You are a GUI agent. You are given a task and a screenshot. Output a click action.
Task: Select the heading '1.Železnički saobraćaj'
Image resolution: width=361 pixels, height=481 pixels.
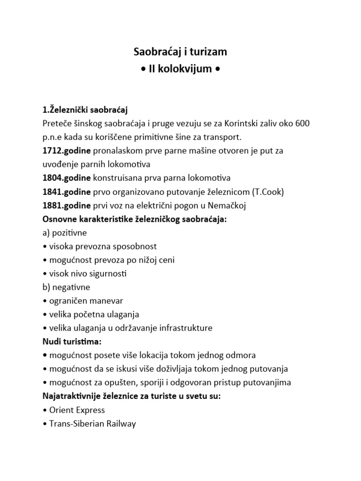[85, 110]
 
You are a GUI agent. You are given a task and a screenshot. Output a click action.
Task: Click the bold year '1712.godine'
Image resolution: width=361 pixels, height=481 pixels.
[67, 151]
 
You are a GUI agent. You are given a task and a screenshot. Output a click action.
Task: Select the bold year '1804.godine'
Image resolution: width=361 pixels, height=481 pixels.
[67, 178]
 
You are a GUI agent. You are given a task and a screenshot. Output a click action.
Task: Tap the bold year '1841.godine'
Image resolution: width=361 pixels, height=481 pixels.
[67, 192]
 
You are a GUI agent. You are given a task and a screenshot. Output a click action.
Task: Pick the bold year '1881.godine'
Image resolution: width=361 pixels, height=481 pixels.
[67, 205]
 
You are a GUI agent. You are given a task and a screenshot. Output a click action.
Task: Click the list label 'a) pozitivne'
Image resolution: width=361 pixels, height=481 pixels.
[64, 233]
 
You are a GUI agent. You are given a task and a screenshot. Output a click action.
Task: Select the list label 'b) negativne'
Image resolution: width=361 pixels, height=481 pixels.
[66, 287]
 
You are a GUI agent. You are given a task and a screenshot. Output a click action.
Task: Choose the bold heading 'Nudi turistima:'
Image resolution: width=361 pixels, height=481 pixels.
[72, 341]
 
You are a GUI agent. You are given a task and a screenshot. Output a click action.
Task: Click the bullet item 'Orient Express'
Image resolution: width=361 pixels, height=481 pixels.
[77, 410]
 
